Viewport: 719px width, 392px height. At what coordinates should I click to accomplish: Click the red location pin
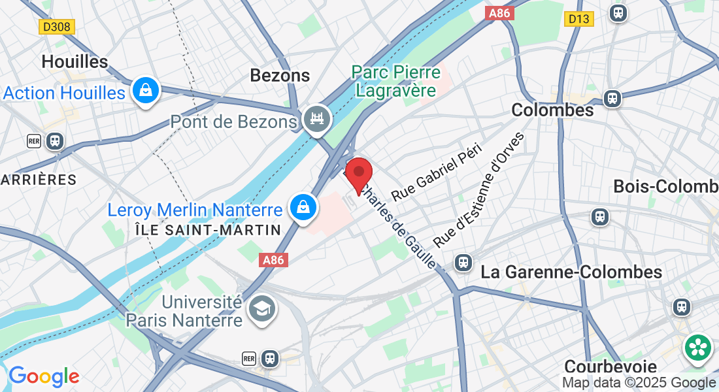(x=358, y=173)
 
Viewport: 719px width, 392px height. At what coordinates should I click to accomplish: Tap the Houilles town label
(x=74, y=62)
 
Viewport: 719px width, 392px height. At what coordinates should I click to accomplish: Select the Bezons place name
(x=280, y=76)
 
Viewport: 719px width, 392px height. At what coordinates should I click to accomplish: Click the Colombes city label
(x=552, y=110)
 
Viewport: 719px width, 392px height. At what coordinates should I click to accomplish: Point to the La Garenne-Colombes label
(x=571, y=272)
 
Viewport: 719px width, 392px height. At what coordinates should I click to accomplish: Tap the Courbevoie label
(x=610, y=366)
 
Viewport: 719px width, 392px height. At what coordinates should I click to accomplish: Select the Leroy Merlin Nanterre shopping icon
(x=304, y=208)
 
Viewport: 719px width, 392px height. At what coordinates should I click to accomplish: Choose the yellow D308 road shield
(x=57, y=27)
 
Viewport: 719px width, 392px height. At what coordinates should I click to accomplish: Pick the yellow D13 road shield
(x=579, y=19)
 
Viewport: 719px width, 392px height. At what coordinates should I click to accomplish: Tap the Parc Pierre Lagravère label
(x=396, y=80)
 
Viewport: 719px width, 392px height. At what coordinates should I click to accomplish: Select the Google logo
(x=44, y=376)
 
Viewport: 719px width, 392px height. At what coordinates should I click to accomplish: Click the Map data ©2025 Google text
(x=639, y=383)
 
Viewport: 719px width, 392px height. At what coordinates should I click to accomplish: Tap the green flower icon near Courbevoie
(x=698, y=347)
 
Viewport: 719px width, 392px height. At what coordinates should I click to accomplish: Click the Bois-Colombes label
(x=665, y=187)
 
